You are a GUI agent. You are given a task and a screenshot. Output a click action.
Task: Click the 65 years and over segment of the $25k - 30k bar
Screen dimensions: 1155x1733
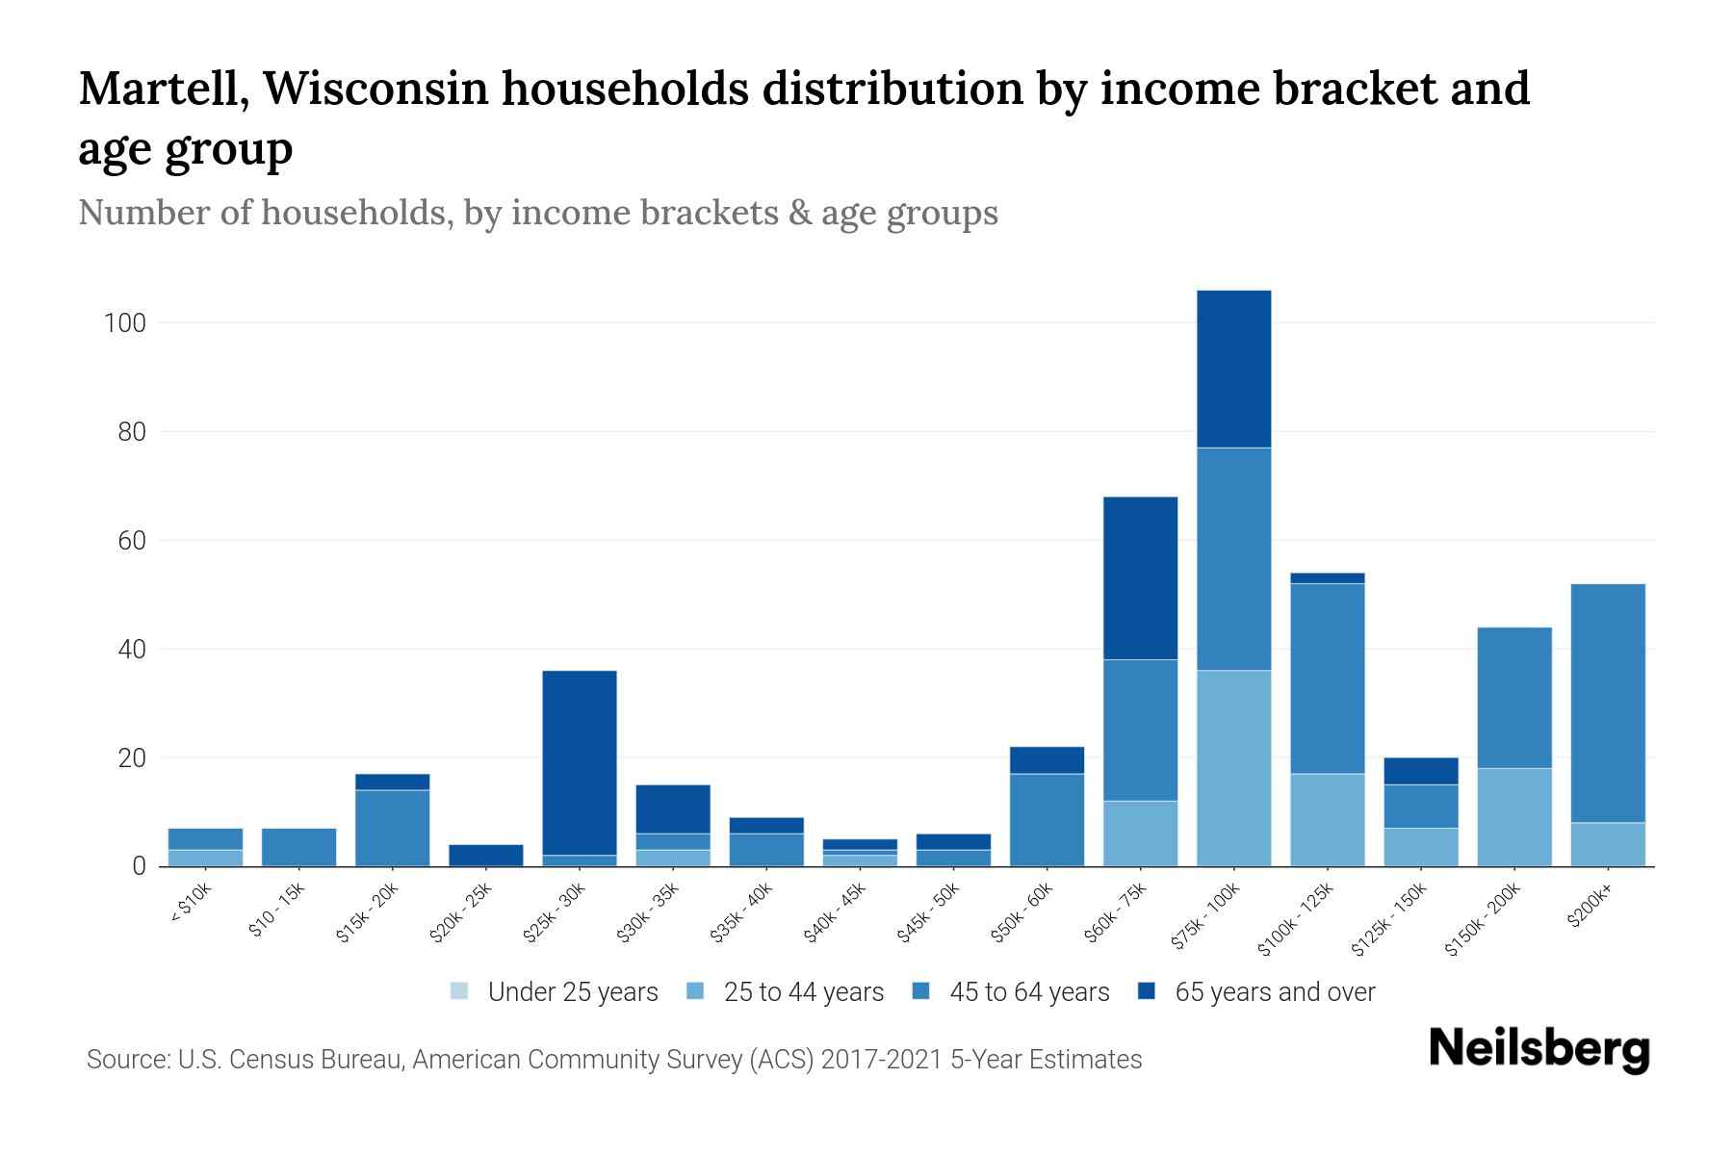click(x=580, y=762)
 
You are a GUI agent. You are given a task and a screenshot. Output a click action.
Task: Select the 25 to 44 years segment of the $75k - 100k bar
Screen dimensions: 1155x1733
click(x=1233, y=768)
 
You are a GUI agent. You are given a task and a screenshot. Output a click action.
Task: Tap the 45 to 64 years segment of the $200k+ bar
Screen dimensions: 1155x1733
click(x=1608, y=703)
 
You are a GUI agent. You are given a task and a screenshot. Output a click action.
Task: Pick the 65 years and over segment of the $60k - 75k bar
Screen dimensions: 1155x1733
click(x=1140, y=577)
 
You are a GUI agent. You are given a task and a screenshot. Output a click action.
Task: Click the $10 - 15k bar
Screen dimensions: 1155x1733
click(x=298, y=847)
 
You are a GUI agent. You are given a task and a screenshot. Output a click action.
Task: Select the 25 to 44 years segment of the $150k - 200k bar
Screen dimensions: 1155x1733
click(x=1514, y=817)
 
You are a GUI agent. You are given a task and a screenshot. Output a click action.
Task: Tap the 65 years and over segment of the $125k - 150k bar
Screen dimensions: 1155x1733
click(x=1421, y=771)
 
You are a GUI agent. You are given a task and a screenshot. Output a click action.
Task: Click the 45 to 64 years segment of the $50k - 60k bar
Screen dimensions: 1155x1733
click(x=1047, y=819)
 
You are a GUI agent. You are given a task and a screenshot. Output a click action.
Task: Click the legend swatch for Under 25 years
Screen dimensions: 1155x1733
click(x=460, y=991)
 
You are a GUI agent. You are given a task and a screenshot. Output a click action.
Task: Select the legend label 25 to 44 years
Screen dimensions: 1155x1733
click(x=803, y=992)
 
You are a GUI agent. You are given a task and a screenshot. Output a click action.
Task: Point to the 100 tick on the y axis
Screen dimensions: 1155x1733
click(x=125, y=323)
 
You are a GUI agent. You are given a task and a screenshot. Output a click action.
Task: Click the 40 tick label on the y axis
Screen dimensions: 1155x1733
click(x=132, y=650)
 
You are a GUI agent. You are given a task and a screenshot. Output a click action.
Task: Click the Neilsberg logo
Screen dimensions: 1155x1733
click(x=1539, y=1048)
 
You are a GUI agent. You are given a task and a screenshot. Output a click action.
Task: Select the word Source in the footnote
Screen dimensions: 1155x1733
click(x=125, y=1060)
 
